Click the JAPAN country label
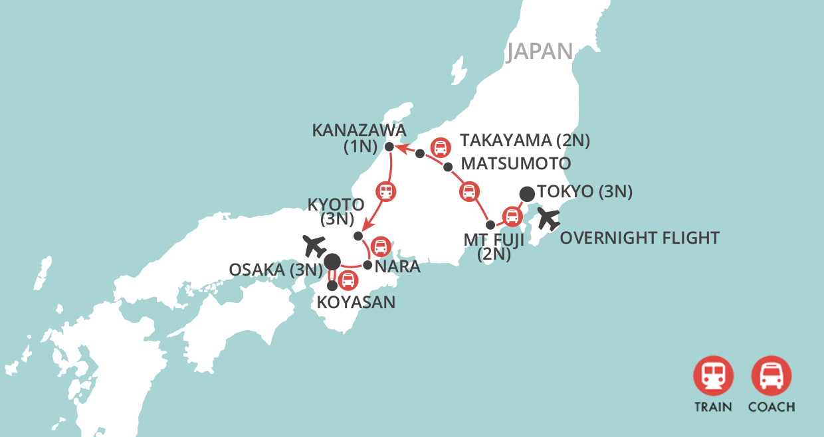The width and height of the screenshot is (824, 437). click(540, 52)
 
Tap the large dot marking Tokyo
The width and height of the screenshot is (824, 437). click(527, 194)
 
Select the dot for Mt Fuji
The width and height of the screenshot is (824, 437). click(490, 224)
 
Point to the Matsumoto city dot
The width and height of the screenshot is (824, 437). click(448, 167)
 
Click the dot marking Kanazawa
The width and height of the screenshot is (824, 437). click(389, 145)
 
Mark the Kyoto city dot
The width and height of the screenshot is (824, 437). click(358, 236)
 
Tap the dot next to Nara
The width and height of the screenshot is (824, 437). click(367, 264)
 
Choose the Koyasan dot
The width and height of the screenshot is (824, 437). click(333, 285)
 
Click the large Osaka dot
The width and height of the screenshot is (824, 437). click(332, 261)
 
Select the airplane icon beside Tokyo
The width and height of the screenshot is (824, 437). click(550, 218)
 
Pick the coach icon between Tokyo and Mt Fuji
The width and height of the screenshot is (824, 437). click(511, 216)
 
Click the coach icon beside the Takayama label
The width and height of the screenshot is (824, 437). click(439, 147)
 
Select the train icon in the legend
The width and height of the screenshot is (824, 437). click(713, 376)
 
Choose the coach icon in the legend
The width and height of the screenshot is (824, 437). click(771, 376)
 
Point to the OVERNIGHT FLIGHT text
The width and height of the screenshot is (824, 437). click(639, 238)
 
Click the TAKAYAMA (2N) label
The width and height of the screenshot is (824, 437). click(525, 141)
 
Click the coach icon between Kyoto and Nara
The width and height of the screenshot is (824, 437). click(380, 247)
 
